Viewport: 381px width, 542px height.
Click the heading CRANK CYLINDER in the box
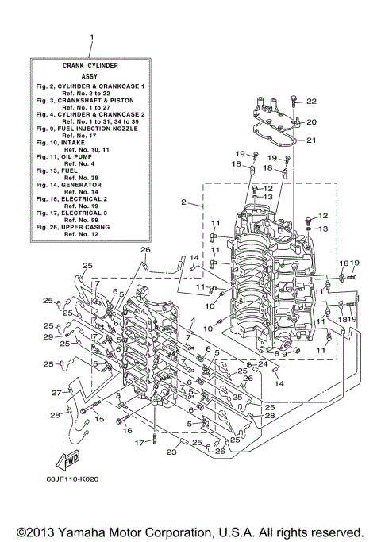[x=91, y=65]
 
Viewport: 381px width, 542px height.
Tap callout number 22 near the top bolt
[x=311, y=102]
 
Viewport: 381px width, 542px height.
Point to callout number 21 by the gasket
[x=311, y=140]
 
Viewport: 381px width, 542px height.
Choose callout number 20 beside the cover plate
[x=311, y=121]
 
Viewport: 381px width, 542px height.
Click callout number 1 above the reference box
[x=91, y=37]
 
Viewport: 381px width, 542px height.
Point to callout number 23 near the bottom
[x=170, y=454]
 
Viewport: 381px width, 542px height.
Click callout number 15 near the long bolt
[x=100, y=417]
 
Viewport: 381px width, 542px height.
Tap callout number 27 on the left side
[x=56, y=392]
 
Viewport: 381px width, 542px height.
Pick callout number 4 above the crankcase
[x=191, y=320]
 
